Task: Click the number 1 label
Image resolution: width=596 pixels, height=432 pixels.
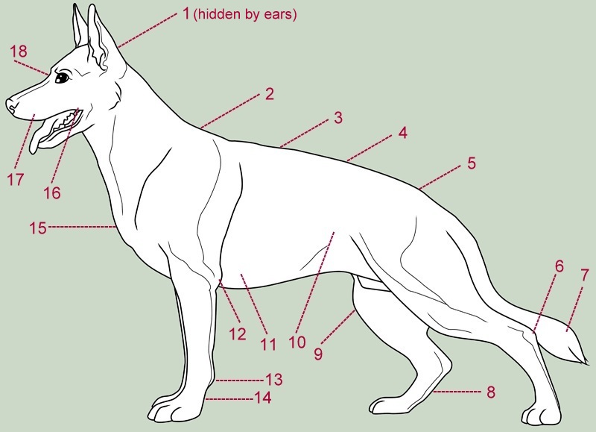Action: tap(186, 14)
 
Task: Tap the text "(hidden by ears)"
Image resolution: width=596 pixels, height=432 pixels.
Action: tap(245, 15)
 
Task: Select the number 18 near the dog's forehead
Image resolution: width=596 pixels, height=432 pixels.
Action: tap(19, 51)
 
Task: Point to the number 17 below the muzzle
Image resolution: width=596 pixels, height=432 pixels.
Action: tap(16, 179)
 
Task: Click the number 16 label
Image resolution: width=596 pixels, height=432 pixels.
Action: tap(51, 192)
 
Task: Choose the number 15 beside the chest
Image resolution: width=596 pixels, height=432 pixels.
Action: tap(39, 227)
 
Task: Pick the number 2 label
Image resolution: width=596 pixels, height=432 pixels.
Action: tap(269, 94)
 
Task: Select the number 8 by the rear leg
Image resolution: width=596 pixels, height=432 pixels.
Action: tap(490, 391)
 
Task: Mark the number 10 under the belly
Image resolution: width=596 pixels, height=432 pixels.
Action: tap(297, 342)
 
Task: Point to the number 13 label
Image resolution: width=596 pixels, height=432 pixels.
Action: tap(273, 379)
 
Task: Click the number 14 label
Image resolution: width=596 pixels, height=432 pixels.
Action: tap(261, 398)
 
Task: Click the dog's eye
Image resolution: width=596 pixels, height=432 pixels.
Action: tap(61, 77)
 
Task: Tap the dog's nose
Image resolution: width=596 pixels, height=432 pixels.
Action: tap(11, 105)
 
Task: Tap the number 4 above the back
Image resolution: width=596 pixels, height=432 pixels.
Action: tap(402, 134)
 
